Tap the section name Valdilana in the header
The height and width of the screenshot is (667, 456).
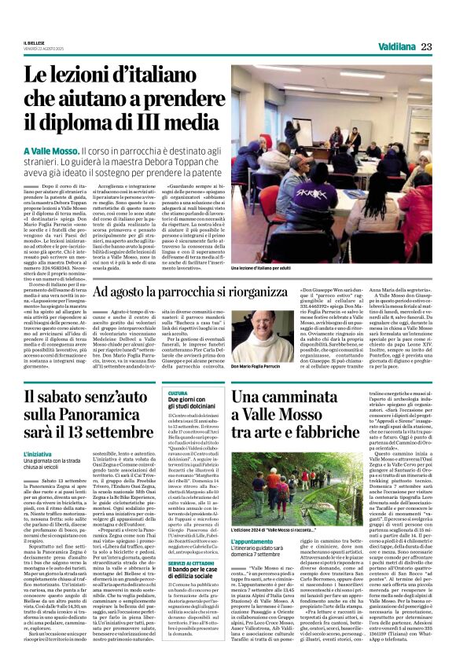click(x=395, y=47)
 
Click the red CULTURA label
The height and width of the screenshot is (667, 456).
click(x=178, y=393)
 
